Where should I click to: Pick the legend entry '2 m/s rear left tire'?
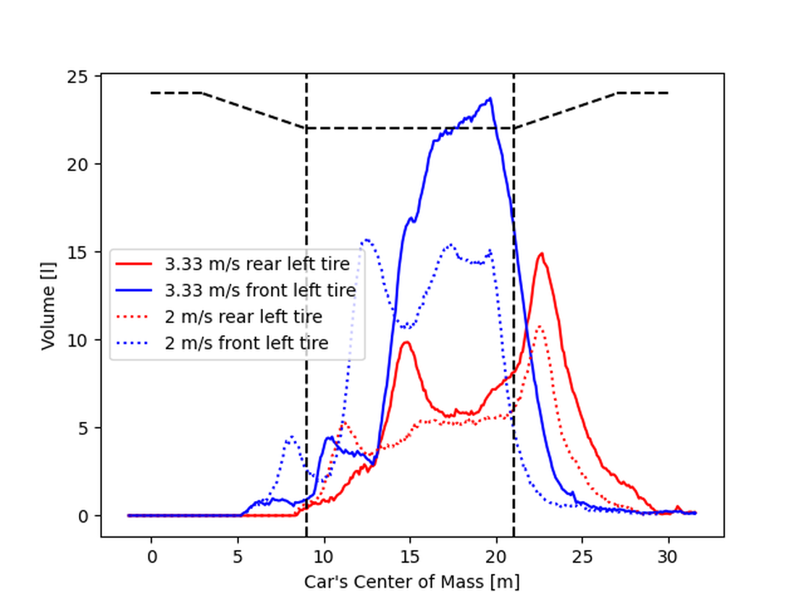tap(243, 316)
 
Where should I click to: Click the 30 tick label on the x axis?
tap(669, 558)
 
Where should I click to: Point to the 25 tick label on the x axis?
tap(582, 558)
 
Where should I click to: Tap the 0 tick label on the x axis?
tap(151, 558)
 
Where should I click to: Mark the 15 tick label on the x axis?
tap(410, 558)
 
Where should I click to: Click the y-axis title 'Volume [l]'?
tap(49, 307)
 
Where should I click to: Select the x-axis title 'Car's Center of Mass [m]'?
tap(412, 581)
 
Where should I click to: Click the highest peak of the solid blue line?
tap(490, 98)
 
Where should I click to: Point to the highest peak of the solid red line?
tap(541, 253)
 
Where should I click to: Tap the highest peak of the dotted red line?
tap(539, 326)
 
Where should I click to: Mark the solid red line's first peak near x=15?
tap(407, 342)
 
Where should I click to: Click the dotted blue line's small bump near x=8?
tap(291, 437)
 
